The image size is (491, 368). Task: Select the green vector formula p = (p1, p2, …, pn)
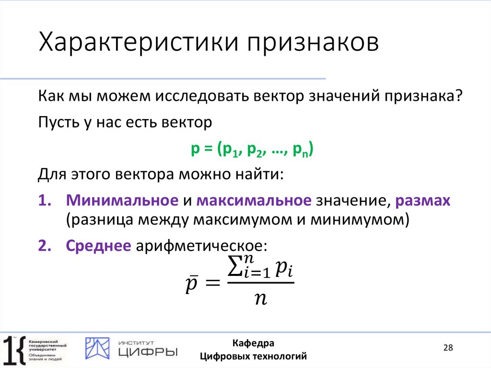[252, 150]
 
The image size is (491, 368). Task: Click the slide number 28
[448, 348]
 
